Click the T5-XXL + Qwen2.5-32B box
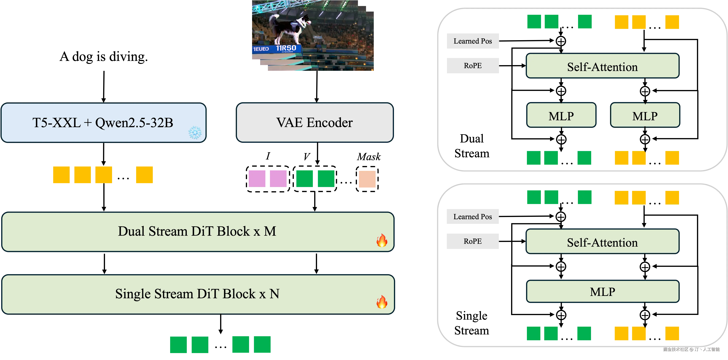click(103, 123)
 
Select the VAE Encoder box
click(315, 123)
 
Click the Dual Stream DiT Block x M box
click(197, 231)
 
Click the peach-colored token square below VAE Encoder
click(367, 179)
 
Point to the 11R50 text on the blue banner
click(286, 48)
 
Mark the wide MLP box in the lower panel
click(602, 291)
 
